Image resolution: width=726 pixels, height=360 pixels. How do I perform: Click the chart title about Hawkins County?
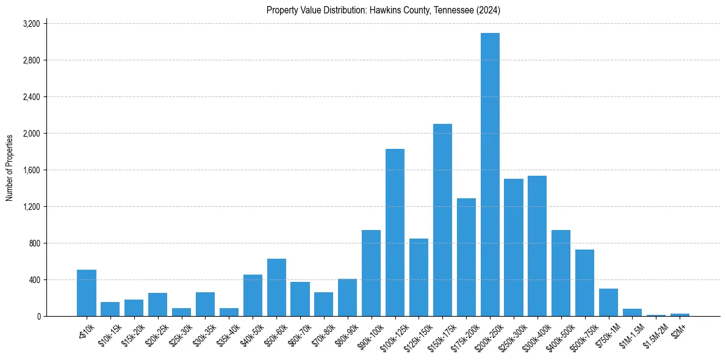383,10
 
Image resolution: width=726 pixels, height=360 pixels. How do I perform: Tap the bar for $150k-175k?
442,220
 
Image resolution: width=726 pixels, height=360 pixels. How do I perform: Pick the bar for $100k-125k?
395,232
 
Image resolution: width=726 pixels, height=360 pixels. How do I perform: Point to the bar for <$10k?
87,293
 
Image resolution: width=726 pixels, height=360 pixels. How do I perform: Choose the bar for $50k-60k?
276,287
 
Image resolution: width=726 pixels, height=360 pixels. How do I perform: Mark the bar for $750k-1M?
608,302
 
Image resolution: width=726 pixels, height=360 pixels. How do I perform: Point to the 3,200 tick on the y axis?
31,24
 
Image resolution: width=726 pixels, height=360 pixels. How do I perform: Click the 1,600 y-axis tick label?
31,170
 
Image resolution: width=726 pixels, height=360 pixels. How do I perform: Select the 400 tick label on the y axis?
34,280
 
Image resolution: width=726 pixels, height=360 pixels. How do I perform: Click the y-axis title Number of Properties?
10,168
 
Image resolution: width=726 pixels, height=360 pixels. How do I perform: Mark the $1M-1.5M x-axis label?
630,336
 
